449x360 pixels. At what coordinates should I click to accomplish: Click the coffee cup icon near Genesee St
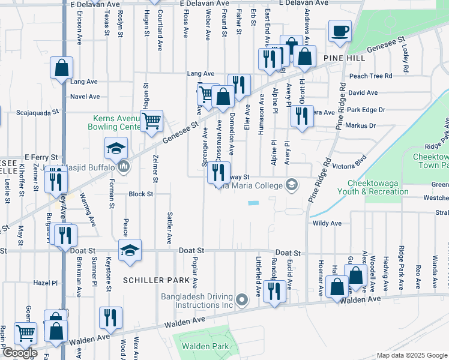(340, 31)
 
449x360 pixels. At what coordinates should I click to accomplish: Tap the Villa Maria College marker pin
(292, 184)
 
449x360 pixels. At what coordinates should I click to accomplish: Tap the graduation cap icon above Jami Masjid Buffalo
(116, 147)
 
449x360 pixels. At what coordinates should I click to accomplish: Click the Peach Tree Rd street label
(370, 76)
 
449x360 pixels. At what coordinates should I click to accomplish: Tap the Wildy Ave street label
(327, 223)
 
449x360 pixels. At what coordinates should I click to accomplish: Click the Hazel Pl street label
(45, 282)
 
